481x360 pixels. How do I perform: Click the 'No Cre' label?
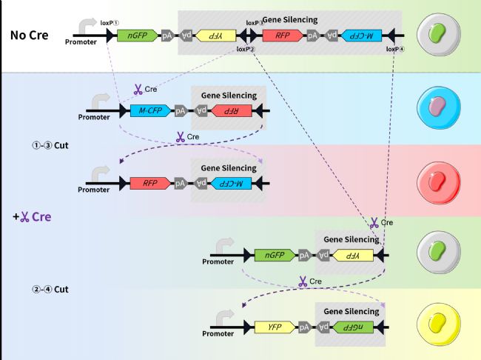coord(29,36)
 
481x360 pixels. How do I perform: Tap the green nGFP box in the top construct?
coord(138,36)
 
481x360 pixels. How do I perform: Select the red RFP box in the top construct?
coord(283,36)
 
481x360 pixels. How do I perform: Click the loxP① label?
coord(110,23)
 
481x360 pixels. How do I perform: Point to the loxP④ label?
coord(395,49)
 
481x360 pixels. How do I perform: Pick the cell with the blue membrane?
coord(439,107)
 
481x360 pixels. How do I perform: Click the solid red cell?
coord(439,183)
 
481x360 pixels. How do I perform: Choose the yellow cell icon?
coord(439,324)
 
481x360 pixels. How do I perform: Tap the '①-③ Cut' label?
coord(50,145)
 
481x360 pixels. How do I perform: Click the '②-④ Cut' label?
coord(50,290)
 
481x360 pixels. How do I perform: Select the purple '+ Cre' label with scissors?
coord(32,217)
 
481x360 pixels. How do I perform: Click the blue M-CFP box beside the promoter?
coord(150,111)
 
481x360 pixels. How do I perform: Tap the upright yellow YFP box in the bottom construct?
coord(275,327)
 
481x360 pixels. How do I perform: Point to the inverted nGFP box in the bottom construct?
coord(353,327)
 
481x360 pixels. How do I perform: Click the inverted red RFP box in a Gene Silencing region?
coord(232,111)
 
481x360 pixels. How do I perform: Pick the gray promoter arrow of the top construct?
coord(88,26)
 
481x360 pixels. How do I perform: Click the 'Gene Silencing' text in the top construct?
coord(290,20)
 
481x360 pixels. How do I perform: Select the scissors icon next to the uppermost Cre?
coord(138,90)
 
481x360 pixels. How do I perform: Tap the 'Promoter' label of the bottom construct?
coord(218,333)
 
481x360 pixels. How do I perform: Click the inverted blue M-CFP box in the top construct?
coord(362,36)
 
